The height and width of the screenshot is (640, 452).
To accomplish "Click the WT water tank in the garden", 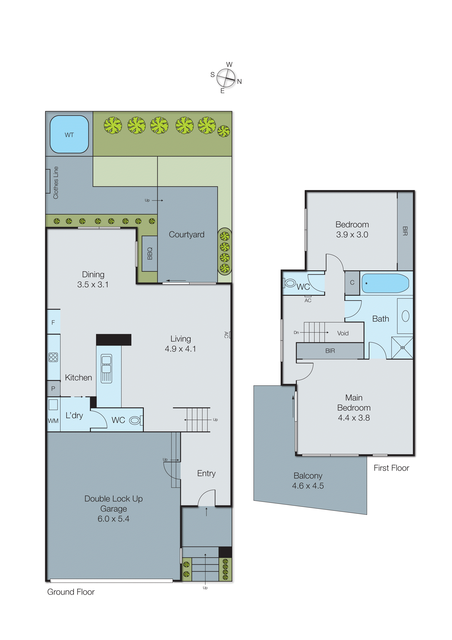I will (x=69, y=135).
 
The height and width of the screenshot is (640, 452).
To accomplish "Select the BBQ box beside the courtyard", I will (x=150, y=253).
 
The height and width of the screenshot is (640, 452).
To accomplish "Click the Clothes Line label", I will (x=56, y=183).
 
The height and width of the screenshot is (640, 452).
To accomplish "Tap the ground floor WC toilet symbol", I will (x=135, y=420).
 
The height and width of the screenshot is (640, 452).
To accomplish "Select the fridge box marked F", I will (x=53, y=322).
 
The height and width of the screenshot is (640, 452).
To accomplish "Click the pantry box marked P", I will (x=53, y=388).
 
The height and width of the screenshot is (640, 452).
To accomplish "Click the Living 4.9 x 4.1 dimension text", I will (x=180, y=349).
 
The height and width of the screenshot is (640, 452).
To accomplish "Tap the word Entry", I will (x=206, y=473).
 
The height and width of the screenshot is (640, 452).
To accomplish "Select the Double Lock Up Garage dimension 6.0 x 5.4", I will (x=113, y=518).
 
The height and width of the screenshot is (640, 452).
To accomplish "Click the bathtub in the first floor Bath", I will (x=385, y=283).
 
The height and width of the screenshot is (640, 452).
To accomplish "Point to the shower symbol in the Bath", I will (x=402, y=348).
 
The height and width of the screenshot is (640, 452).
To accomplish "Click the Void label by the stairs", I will (x=342, y=333).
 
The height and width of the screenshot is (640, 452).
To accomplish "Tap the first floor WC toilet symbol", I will (x=290, y=283).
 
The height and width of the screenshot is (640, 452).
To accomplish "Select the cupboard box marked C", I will (x=352, y=282).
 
